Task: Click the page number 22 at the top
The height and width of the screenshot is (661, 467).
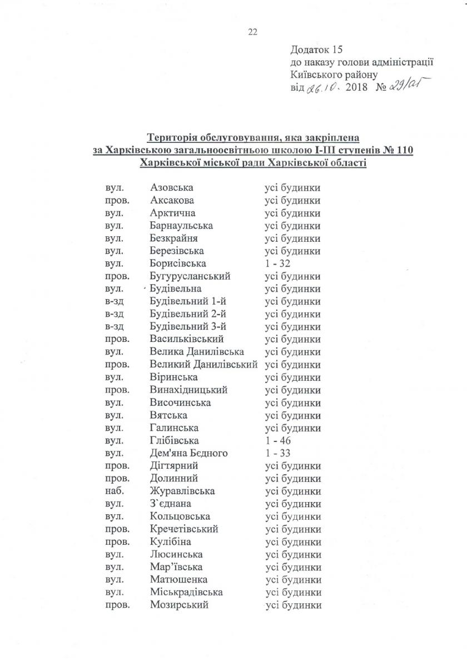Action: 252,32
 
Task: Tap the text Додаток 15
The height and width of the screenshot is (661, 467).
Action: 315,50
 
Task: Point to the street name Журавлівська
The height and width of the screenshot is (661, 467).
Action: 182,491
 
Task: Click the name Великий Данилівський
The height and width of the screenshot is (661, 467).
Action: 204,365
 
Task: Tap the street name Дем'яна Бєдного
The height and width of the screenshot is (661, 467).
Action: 188,453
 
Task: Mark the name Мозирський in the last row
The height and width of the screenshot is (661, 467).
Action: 179,605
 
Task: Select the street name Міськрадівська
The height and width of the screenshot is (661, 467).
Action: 186,593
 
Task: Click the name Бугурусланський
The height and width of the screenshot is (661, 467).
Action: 190,276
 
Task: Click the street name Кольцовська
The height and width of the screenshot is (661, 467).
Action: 180,516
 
